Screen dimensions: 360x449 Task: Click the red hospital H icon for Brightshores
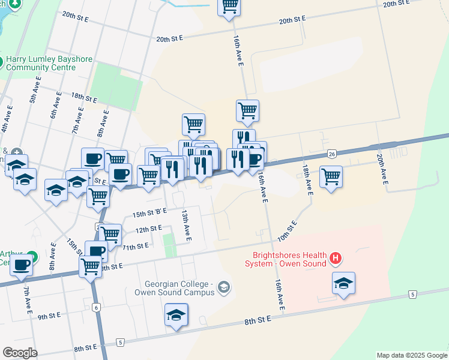336,259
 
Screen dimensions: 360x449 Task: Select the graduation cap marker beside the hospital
343,283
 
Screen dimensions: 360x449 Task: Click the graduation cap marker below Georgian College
176,314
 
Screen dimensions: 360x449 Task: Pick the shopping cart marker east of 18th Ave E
331,177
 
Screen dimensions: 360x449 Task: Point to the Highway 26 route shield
332,154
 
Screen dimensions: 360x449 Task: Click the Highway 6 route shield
96,307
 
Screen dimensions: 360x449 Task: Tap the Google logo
20,353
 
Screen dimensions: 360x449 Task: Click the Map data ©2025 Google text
411,355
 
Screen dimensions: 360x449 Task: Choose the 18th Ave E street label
307,179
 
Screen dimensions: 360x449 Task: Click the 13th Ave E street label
187,226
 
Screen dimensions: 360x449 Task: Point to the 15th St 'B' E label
149,213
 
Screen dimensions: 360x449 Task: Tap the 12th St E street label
149,229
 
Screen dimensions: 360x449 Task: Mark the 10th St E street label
288,232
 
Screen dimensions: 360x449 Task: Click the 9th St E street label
50,317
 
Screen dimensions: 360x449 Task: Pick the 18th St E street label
84,97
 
